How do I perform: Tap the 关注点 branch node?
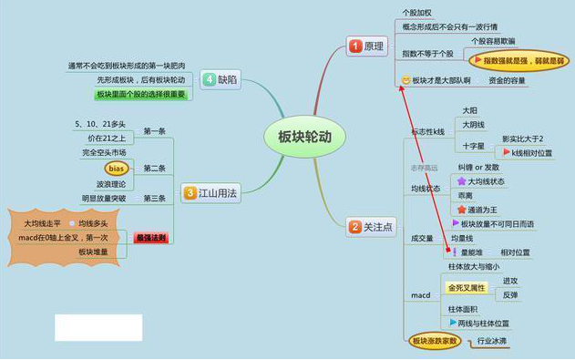(369, 226)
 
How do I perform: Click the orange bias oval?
(116, 168)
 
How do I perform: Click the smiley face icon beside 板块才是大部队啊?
(406, 81)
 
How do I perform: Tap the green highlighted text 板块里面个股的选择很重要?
(139, 94)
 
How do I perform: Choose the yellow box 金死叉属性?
(467, 288)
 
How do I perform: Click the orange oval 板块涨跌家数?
(434, 341)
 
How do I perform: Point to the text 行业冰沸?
(492, 341)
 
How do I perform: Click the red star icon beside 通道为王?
(461, 209)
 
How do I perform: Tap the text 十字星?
(473, 146)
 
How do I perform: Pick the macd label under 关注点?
(420, 295)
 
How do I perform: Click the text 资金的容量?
(506, 81)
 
